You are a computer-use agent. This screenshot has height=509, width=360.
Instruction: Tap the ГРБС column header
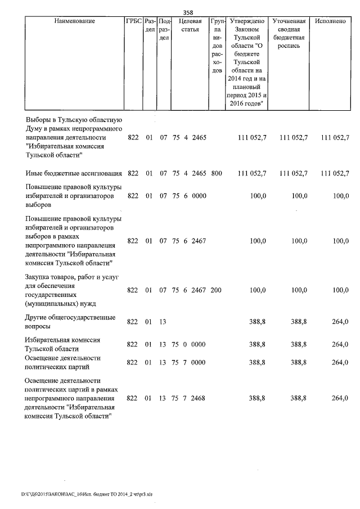coord(134,21)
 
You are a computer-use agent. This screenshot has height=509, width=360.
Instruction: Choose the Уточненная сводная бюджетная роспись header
coord(289,29)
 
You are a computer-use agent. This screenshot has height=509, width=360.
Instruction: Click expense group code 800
coord(217,173)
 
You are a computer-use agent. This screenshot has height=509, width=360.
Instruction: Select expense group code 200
coord(217,290)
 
